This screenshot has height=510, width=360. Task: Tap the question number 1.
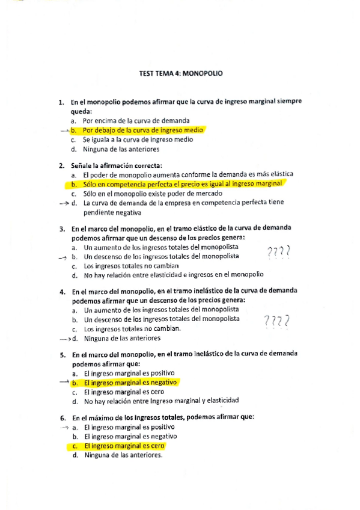pyautogui.click(x=61, y=102)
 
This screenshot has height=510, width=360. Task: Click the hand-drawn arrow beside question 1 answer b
pyautogui.click(x=64, y=130)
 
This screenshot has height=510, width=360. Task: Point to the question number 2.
pyautogui.click(x=61, y=165)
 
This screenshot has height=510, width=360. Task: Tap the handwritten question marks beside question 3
pyautogui.click(x=278, y=251)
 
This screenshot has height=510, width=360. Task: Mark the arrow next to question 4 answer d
pyautogui.click(x=65, y=339)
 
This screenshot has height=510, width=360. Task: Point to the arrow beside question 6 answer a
pyautogui.click(x=64, y=427)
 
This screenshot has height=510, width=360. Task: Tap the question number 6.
pyautogui.click(x=63, y=417)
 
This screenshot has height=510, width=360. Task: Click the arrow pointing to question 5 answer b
pyautogui.click(x=64, y=382)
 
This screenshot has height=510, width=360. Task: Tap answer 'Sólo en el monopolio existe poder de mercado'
pyautogui.click(x=153, y=194)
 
